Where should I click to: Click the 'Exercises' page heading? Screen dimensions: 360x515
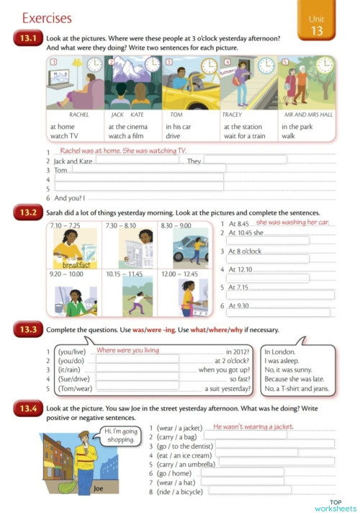tap(47, 17)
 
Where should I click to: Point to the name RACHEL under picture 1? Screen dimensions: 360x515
tap(78, 115)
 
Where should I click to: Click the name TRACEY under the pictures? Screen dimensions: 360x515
tap(232, 115)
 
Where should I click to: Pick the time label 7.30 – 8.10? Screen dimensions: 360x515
tap(120, 225)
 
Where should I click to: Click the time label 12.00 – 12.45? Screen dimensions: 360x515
tap(179, 274)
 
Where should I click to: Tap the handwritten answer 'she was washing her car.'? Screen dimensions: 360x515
tap(292, 223)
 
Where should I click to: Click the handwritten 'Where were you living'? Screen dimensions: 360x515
tap(127, 350)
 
